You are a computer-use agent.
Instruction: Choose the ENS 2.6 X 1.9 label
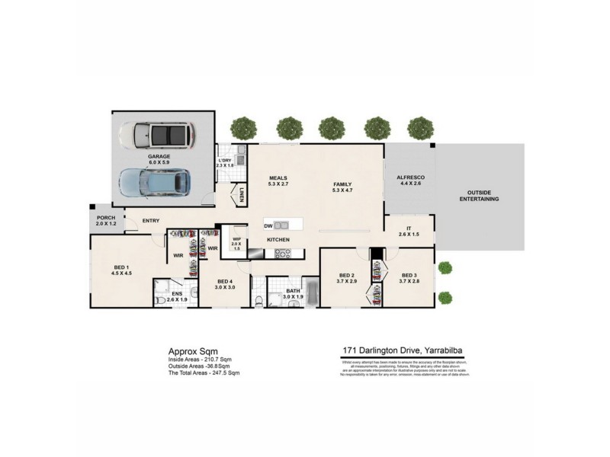[176, 296]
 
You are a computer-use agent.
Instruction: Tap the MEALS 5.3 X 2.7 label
[278, 181]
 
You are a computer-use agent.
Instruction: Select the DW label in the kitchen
[268, 225]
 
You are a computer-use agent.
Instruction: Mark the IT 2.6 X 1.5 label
[409, 230]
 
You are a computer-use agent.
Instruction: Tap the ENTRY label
[151, 221]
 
